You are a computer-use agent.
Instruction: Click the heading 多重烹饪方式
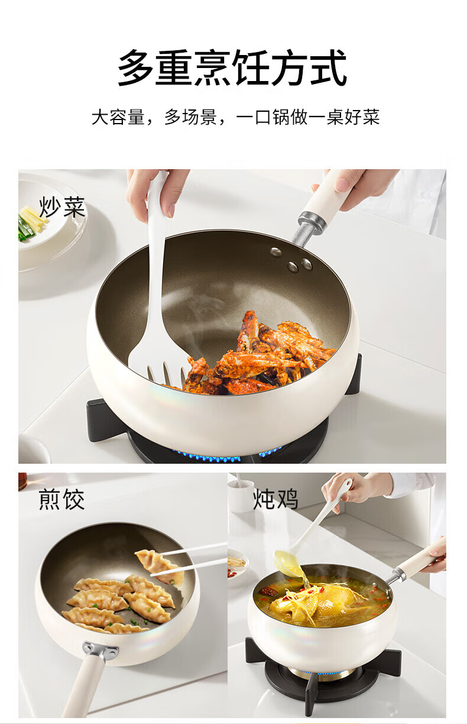[232, 68]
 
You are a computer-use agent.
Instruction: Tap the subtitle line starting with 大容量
[235, 117]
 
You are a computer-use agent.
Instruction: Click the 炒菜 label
[62, 207]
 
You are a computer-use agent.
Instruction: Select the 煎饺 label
[61, 499]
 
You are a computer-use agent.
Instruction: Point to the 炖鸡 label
[275, 499]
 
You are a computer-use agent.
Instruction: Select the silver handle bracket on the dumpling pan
[100, 649]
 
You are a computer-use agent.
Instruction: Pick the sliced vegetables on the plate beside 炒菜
[31, 224]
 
